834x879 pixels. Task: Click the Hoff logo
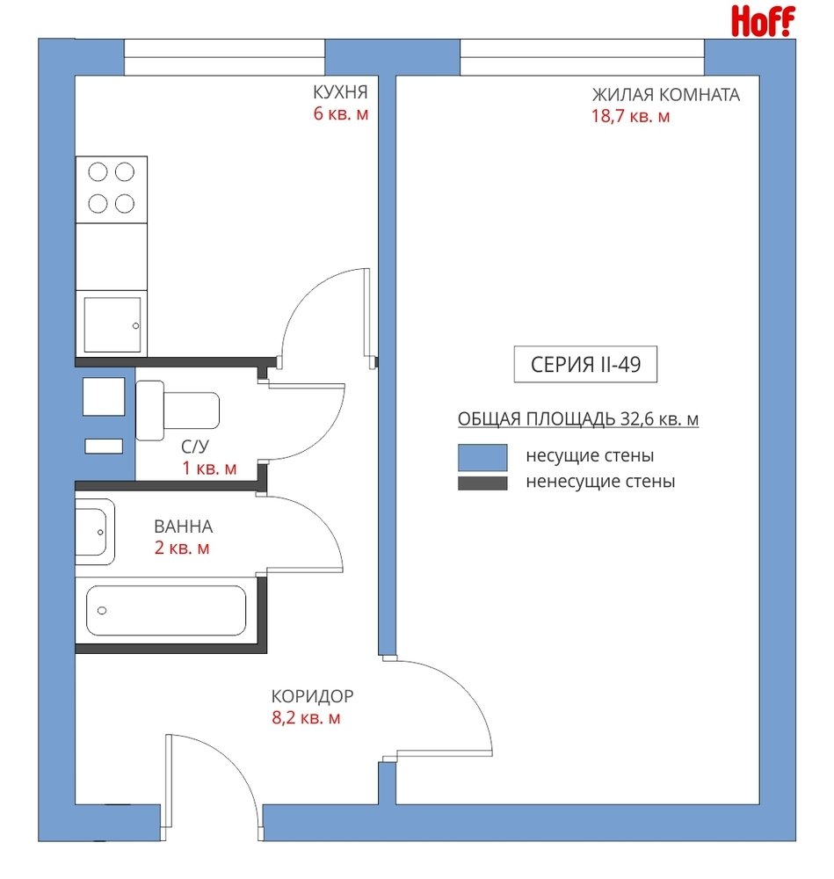pos(763,21)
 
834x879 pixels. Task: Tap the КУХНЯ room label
pos(340,92)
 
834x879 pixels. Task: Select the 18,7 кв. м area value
pos(630,117)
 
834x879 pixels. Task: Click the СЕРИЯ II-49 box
pos(585,365)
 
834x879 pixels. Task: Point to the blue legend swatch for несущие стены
pos(482,457)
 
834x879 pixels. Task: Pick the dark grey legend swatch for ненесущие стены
pos(482,483)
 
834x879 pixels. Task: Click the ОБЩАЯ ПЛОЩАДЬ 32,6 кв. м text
pos(578,419)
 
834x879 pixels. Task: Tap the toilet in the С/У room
pos(178,410)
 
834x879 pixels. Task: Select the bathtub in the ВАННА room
pos(166,611)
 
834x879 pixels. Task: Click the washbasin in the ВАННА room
pos(95,532)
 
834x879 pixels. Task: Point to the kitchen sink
pos(112,324)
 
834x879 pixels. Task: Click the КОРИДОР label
pos(312,696)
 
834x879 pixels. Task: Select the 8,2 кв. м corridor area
pos(306,718)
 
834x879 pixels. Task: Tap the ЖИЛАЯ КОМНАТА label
pos(666,95)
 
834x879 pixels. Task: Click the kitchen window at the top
pos(224,57)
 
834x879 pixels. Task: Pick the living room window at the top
pos(582,57)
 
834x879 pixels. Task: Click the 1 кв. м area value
pos(209,469)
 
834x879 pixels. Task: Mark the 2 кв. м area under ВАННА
pos(182,548)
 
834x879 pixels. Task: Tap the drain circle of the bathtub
pos(102,611)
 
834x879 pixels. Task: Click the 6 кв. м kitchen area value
pos(341,113)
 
